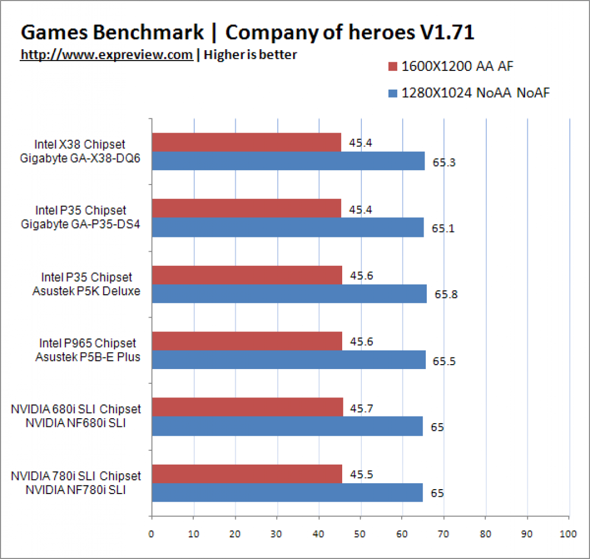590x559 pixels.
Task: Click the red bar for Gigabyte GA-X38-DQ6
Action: coord(247,142)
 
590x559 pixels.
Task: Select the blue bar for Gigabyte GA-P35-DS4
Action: coord(288,227)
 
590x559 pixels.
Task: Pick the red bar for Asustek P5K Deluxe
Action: coord(247,275)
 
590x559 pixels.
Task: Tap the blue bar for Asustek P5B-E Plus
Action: coord(289,360)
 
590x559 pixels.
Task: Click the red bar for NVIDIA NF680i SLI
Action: coord(248,407)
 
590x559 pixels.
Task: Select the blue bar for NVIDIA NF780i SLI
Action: coord(288,492)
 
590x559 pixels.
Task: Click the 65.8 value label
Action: coord(446,294)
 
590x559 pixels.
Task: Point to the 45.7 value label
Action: coord(361,408)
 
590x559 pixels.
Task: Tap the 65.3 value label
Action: coord(444,163)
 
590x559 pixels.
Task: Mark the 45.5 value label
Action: coord(361,474)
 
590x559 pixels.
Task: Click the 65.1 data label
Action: coord(443,229)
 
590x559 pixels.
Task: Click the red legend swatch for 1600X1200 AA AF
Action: coord(392,67)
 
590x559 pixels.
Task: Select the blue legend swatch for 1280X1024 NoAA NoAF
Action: coord(392,93)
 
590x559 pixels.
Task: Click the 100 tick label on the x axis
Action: coord(568,534)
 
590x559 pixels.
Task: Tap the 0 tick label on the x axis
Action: coord(151,534)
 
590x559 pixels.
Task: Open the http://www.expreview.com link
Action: coord(106,55)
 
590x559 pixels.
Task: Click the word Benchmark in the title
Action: coord(148,32)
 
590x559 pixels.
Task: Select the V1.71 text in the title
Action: coord(447,32)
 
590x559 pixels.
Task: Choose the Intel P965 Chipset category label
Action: coord(87,343)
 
